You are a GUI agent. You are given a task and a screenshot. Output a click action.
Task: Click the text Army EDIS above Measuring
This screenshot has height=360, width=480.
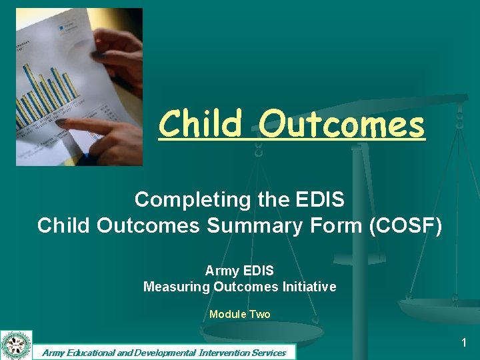pyautogui.click(x=239, y=271)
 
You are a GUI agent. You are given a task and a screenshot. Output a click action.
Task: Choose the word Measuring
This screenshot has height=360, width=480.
pyautogui.click(x=176, y=287)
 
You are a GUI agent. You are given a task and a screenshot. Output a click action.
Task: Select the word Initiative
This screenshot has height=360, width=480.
pyautogui.click(x=306, y=287)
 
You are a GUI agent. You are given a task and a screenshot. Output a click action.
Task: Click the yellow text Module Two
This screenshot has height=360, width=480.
pyautogui.click(x=239, y=314)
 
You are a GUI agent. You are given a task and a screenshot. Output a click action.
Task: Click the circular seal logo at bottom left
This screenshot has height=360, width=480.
pyautogui.click(x=16, y=345)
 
